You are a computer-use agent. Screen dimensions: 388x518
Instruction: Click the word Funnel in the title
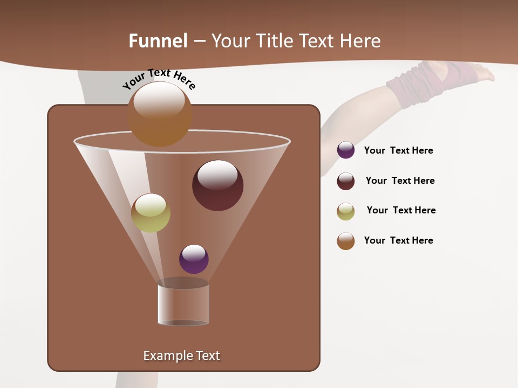(x=158, y=41)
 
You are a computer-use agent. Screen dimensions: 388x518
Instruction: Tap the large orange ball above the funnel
(x=160, y=114)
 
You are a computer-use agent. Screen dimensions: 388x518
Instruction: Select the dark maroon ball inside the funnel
(x=217, y=185)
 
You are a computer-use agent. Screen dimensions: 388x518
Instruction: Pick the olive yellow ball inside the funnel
(x=151, y=213)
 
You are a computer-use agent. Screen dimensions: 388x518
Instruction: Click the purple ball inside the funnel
(x=194, y=259)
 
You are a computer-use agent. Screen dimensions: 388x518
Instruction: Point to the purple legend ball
(x=346, y=150)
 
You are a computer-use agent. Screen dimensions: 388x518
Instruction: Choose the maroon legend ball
(x=346, y=181)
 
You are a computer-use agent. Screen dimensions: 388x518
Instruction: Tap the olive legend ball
(x=346, y=211)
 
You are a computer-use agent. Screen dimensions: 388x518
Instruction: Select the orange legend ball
(x=346, y=241)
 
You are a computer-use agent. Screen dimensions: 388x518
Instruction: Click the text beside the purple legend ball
(x=398, y=151)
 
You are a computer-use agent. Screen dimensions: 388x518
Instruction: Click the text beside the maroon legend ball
(x=400, y=181)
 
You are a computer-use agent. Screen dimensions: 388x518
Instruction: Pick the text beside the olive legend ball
(x=401, y=210)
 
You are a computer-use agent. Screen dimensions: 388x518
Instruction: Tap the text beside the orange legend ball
(x=398, y=240)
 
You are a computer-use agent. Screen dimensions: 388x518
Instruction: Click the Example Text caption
(x=181, y=356)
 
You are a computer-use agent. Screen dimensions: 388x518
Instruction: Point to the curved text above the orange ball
(x=159, y=79)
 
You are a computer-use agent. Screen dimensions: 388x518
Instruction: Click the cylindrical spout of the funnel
(x=183, y=304)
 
